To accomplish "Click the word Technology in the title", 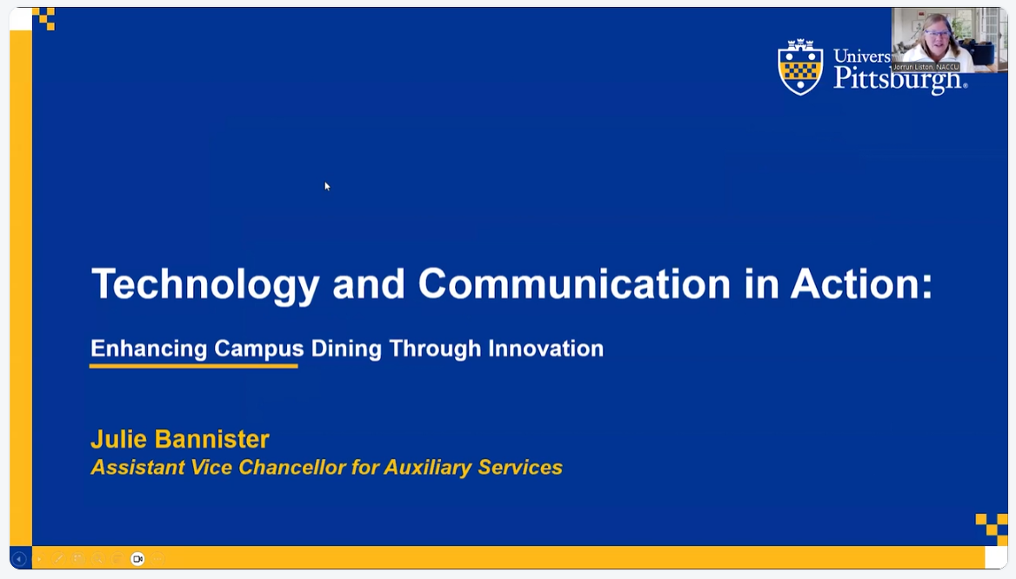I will click(x=205, y=284).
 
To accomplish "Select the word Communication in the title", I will click(x=574, y=284).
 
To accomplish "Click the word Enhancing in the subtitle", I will click(x=149, y=349).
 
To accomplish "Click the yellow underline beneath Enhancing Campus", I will click(x=193, y=366).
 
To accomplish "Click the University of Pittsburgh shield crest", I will click(x=800, y=67).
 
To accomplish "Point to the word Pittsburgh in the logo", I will click(x=899, y=79).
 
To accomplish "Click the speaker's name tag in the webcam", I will click(x=926, y=67).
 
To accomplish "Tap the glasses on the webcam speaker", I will click(x=940, y=34).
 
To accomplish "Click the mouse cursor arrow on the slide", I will click(x=327, y=185).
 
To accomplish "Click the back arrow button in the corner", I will click(x=19, y=559).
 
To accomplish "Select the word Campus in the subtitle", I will click(x=259, y=349).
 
